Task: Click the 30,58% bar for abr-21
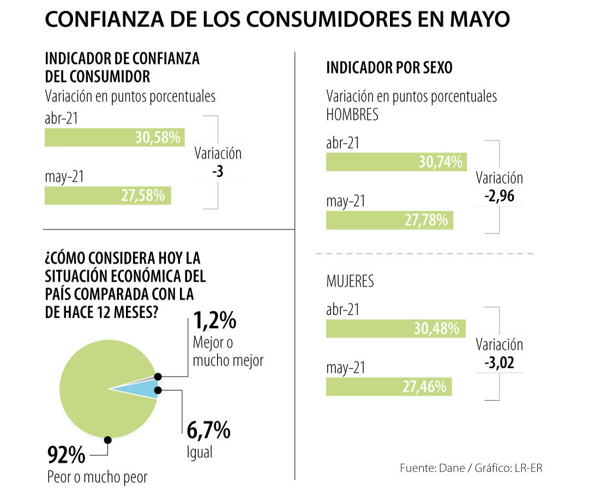pyautogui.click(x=115, y=138)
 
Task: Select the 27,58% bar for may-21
pyautogui.click(x=107, y=196)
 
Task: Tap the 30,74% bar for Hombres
pyautogui.click(x=395, y=162)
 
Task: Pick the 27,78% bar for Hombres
pyautogui.click(x=389, y=220)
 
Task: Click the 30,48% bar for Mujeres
pyautogui.click(x=395, y=329)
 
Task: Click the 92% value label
pyautogui.click(x=66, y=454)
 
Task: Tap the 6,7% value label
pyautogui.click(x=208, y=432)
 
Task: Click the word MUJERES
pyautogui.click(x=350, y=281)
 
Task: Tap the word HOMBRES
pyautogui.click(x=352, y=115)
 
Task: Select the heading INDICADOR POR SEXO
pyautogui.click(x=389, y=68)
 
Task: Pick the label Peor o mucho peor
pyautogui.click(x=97, y=477)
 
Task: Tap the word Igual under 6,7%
pyautogui.click(x=199, y=452)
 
